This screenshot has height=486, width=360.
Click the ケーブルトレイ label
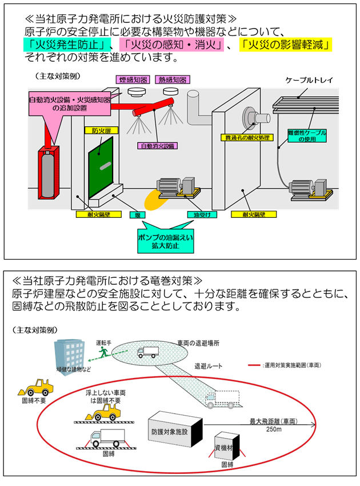[x=309, y=79]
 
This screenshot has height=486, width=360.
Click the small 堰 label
[x=137, y=214]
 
